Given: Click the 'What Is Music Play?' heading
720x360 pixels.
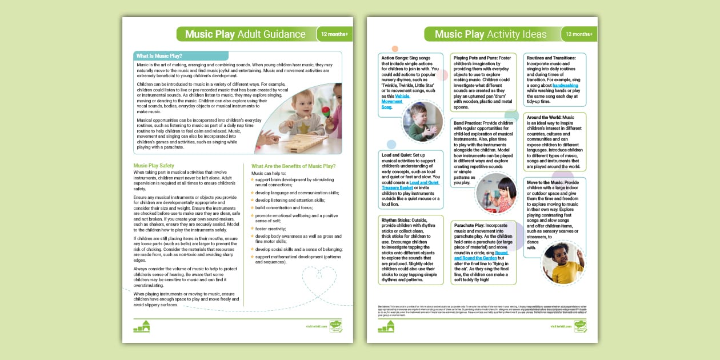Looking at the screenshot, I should point(159,56).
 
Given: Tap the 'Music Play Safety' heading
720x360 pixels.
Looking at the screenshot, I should point(154,166).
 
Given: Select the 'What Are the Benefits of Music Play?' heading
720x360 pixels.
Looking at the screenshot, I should point(293,166).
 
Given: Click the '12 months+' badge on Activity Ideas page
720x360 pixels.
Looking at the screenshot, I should point(578,34).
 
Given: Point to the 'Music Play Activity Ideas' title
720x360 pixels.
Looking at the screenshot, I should point(490,34).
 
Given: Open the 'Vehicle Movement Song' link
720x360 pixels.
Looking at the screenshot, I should point(394,102).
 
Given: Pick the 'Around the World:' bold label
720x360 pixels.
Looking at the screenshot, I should point(543,117).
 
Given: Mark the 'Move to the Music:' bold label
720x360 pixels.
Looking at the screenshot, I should point(545,182).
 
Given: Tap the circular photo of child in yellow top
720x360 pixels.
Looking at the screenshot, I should point(563,263).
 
